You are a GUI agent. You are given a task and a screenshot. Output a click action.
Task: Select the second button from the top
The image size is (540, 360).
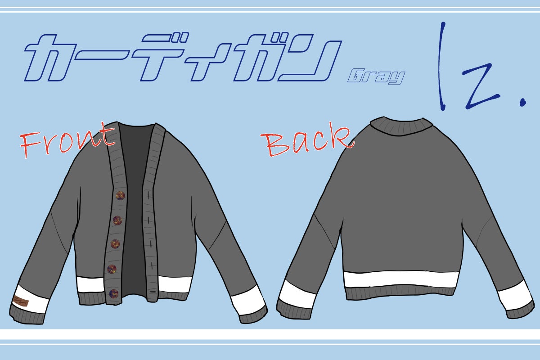click(x=117, y=220)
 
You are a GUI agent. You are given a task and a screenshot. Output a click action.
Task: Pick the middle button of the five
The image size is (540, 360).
click(x=115, y=244)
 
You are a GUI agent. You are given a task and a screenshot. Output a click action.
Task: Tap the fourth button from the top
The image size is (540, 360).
click(x=112, y=269)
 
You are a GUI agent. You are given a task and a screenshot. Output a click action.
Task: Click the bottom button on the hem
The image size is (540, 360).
click(x=113, y=293)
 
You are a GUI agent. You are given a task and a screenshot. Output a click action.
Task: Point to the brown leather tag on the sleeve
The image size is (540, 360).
click(x=21, y=301)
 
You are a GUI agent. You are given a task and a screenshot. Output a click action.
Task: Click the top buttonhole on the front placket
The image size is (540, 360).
click(x=148, y=195)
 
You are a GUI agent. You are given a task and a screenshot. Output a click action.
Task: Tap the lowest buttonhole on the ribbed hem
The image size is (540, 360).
click(x=153, y=292)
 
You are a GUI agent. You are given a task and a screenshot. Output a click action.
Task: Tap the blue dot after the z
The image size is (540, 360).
click(x=523, y=103)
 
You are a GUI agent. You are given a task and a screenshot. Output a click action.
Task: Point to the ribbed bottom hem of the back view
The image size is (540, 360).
click(x=400, y=294)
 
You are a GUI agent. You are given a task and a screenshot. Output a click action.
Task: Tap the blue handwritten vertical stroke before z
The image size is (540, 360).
click(x=441, y=66)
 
